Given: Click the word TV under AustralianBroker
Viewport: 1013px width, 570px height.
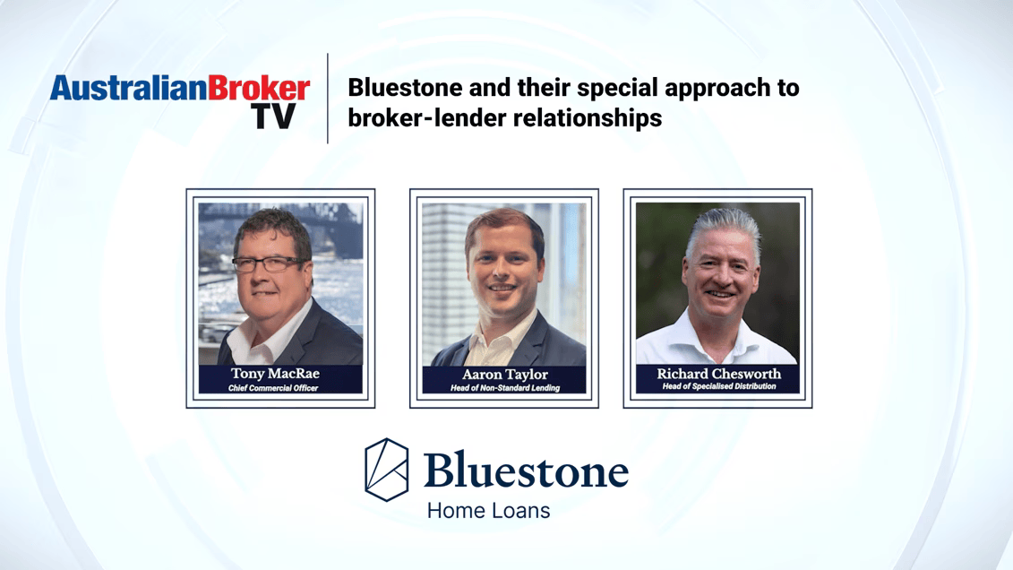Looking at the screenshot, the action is pos(274,117).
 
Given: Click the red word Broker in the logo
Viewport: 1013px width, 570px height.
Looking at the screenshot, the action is pos(259,88).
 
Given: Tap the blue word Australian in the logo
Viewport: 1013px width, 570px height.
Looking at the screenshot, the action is pos(129,88).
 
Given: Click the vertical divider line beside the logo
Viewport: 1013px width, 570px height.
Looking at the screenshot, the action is pos(328,99).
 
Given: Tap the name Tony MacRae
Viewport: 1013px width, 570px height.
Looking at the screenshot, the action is pos(275,374).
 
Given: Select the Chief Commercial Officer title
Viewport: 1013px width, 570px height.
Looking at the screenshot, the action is pos(273,388).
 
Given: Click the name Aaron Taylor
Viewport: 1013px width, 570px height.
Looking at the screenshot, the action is pos(504,375).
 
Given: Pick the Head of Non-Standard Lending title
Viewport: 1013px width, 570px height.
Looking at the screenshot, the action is pos(505,388).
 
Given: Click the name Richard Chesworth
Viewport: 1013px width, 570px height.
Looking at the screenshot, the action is pos(719,374).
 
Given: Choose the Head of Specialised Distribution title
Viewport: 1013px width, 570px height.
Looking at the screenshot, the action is pos(719,386).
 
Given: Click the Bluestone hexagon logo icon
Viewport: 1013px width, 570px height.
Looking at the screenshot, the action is pos(386,470).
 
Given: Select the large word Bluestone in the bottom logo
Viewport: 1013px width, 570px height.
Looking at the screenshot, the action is pos(526,470).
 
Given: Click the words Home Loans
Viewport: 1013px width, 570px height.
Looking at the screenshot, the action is pos(488,511).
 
